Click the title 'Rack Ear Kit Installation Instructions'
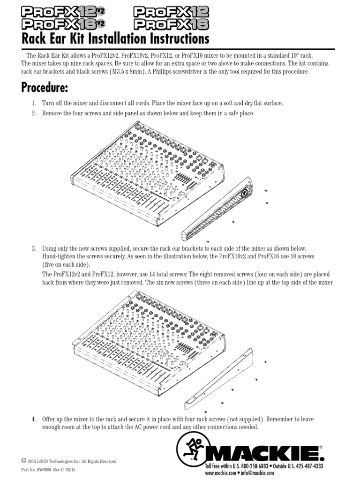pos(115,38)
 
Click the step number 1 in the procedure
pos(33,103)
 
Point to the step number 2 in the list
pos(33,113)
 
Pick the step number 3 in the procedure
pos(33,248)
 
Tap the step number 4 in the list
pos(33,418)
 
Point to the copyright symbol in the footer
pos(23,460)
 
